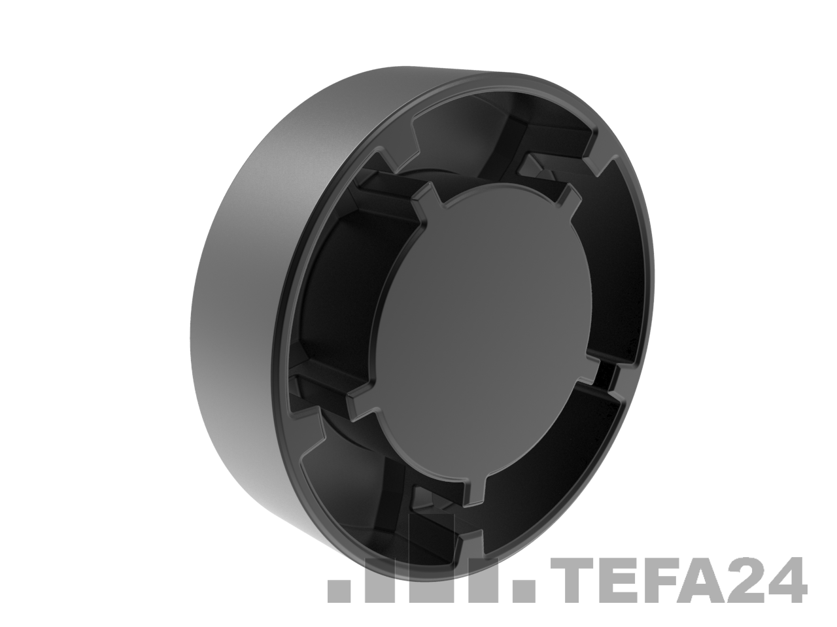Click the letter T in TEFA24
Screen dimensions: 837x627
point(573,580)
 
